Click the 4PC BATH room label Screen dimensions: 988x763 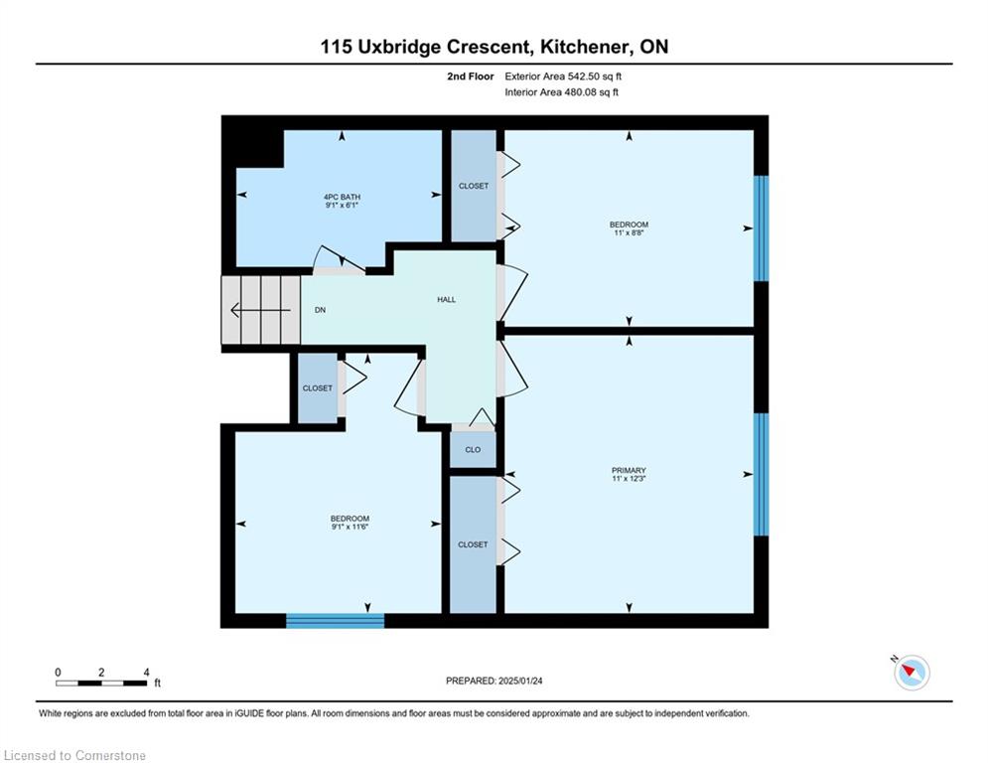coord(343,198)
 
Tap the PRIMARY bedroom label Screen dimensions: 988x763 coord(629,470)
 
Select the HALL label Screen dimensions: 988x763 coord(446,299)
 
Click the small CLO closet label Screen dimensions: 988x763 coord(473,450)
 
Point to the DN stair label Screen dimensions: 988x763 coord(320,310)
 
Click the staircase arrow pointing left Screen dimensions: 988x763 coord(261,310)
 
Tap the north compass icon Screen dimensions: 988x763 coord(912,673)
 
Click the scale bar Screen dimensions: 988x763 coord(101,683)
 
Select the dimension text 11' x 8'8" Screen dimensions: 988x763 coord(629,232)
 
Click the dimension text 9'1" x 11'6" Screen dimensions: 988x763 coord(350,527)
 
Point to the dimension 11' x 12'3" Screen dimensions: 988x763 coord(629,479)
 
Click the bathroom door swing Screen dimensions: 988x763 coord(339,258)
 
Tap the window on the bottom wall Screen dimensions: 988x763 coord(336,621)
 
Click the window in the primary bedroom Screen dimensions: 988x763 coord(762,474)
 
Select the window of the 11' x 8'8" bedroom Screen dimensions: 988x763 coord(762,229)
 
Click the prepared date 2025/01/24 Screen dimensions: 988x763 coord(520,681)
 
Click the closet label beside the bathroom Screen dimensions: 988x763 coord(474,186)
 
